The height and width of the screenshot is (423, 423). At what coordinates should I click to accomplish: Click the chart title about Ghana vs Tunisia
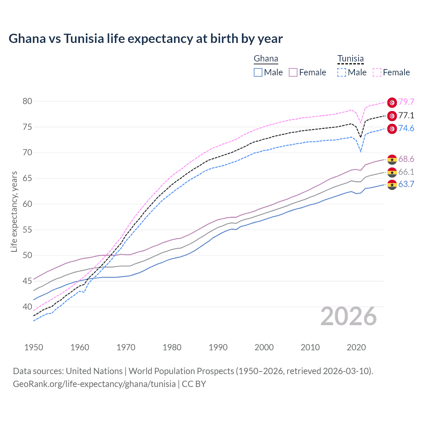click(x=145, y=39)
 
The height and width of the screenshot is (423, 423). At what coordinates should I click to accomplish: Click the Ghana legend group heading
click(x=266, y=59)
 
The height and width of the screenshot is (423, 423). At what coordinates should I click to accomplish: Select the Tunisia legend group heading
click(x=350, y=59)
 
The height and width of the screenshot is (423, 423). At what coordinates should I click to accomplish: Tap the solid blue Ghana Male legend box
click(x=258, y=72)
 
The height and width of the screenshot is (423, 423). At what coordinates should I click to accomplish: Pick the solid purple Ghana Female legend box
click(x=293, y=72)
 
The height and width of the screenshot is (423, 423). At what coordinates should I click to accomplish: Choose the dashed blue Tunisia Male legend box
click(x=342, y=72)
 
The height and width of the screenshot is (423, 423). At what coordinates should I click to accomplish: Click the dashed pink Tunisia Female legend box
click(x=377, y=72)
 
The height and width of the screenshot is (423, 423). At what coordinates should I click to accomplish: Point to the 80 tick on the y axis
click(x=27, y=101)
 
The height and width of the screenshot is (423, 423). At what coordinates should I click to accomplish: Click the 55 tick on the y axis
click(x=27, y=230)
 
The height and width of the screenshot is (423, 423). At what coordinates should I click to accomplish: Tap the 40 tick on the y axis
click(x=27, y=307)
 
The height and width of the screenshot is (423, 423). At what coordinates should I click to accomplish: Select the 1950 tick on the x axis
click(x=34, y=347)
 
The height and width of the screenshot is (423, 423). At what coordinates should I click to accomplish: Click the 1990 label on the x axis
click(x=218, y=347)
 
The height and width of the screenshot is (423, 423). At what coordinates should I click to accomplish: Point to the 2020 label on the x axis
click(x=356, y=347)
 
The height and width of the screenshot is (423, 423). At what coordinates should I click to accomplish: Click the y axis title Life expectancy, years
click(x=14, y=211)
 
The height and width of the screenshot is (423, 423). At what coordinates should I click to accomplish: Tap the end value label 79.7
click(x=406, y=102)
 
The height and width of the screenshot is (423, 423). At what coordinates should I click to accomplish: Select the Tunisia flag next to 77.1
click(x=392, y=116)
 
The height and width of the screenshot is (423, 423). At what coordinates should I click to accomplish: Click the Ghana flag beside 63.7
click(x=392, y=185)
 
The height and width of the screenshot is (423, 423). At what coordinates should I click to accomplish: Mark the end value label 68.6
click(x=406, y=159)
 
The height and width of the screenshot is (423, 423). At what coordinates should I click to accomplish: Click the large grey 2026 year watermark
click(x=349, y=317)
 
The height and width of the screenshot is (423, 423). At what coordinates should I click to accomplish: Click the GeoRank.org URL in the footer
click(x=94, y=384)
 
